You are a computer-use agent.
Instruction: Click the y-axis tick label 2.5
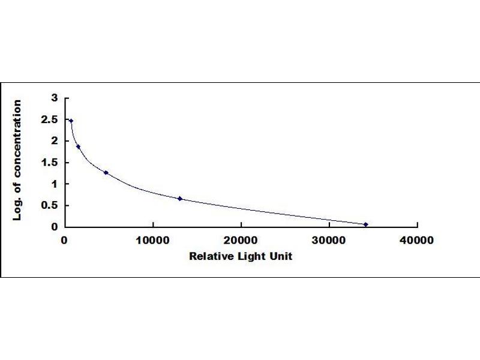pyautogui.click(x=49, y=119)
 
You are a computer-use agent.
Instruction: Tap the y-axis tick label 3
pyautogui.click(x=55, y=98)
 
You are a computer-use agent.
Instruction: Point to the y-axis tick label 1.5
pyautogui.click(x=49, y=163)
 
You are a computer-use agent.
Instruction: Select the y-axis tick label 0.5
pyautogui.click(x=49, y=205)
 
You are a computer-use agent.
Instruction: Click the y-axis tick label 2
pyautogui.click(x=55, y=141)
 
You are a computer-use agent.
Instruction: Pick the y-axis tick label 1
pyautogui.click(x=55, y=184)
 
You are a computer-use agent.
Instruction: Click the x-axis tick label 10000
pyautogui.click(x=153, y=241)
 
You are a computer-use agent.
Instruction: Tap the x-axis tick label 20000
pyautogui.click(x=241, y=241)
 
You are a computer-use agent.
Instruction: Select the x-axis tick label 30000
pyautogui.click(x=329, y=241)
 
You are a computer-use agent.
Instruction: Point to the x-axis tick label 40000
pyautogui.click(x=416, y=241)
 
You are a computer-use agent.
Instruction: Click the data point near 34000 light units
pyautogui.click(x=366, y=224)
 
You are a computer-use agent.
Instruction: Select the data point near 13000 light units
pyautogui.click(x=179, y=199)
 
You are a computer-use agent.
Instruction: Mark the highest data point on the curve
pyautogui.click(x=71, y=121)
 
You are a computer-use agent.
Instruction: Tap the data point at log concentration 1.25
pyautogui.click(x=106, y=173)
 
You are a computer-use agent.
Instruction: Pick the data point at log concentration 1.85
pyautogui.click(x=79, y=147)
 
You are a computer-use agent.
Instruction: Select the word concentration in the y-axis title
pyautogui.click(x=17, y=139)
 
